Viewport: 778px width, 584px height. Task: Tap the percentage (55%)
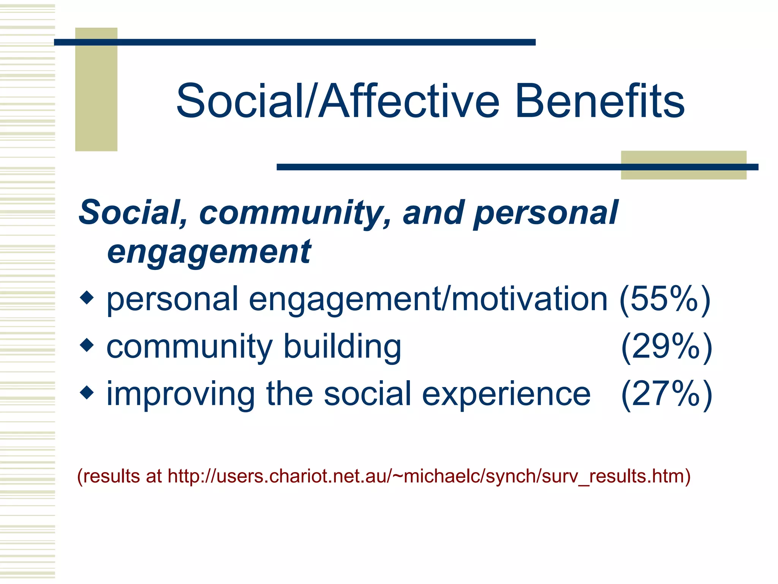(665, 299)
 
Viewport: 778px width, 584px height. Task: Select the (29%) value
(666, 346)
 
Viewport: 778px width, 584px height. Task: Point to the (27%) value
(666, 394)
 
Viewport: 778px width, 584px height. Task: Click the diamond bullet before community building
(87, 345)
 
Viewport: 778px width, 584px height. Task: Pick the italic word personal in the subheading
(546, 213)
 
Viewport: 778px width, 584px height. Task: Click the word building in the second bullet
(342, 347)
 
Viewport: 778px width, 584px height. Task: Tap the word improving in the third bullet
(180, 395)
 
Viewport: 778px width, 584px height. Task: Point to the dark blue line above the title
(294, 42)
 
